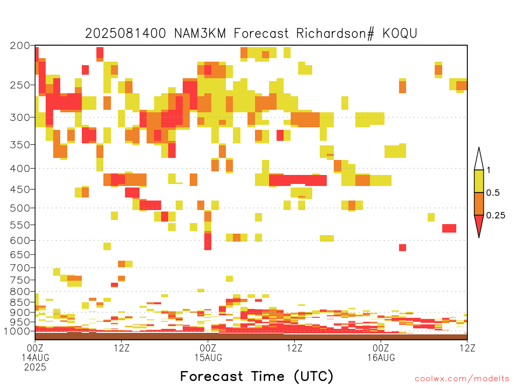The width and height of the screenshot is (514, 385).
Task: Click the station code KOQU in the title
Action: click(400, 34)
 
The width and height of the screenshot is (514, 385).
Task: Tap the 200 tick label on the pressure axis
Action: click(20, 46)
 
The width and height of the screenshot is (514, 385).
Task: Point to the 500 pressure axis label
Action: click(20, 208)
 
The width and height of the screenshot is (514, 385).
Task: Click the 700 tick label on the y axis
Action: click(20, 268)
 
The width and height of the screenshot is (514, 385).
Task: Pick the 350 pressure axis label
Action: click(20, 145)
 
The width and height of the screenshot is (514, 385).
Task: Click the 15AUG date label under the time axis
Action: click(208, 357)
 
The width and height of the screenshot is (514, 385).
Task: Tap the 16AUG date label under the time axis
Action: click(381, 357)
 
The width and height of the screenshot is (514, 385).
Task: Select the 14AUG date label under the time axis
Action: click(36, 357)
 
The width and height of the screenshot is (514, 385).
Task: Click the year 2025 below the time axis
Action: click(35, 367)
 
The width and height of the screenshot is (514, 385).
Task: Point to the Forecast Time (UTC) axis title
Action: click(256, 376)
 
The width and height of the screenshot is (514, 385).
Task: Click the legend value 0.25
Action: click(495, 216)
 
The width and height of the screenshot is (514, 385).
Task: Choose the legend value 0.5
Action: click(493, 193)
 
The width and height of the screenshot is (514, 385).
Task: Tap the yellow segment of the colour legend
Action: click(479, 181)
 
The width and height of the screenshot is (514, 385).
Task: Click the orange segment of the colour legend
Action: click(479, 204)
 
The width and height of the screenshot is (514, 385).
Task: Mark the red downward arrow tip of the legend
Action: click(479, 237)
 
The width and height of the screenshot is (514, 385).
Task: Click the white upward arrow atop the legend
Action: click(479, 159)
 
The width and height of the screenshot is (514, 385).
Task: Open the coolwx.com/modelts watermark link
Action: click(462, 379)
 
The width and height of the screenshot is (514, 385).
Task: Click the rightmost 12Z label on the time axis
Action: click(467, 348)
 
